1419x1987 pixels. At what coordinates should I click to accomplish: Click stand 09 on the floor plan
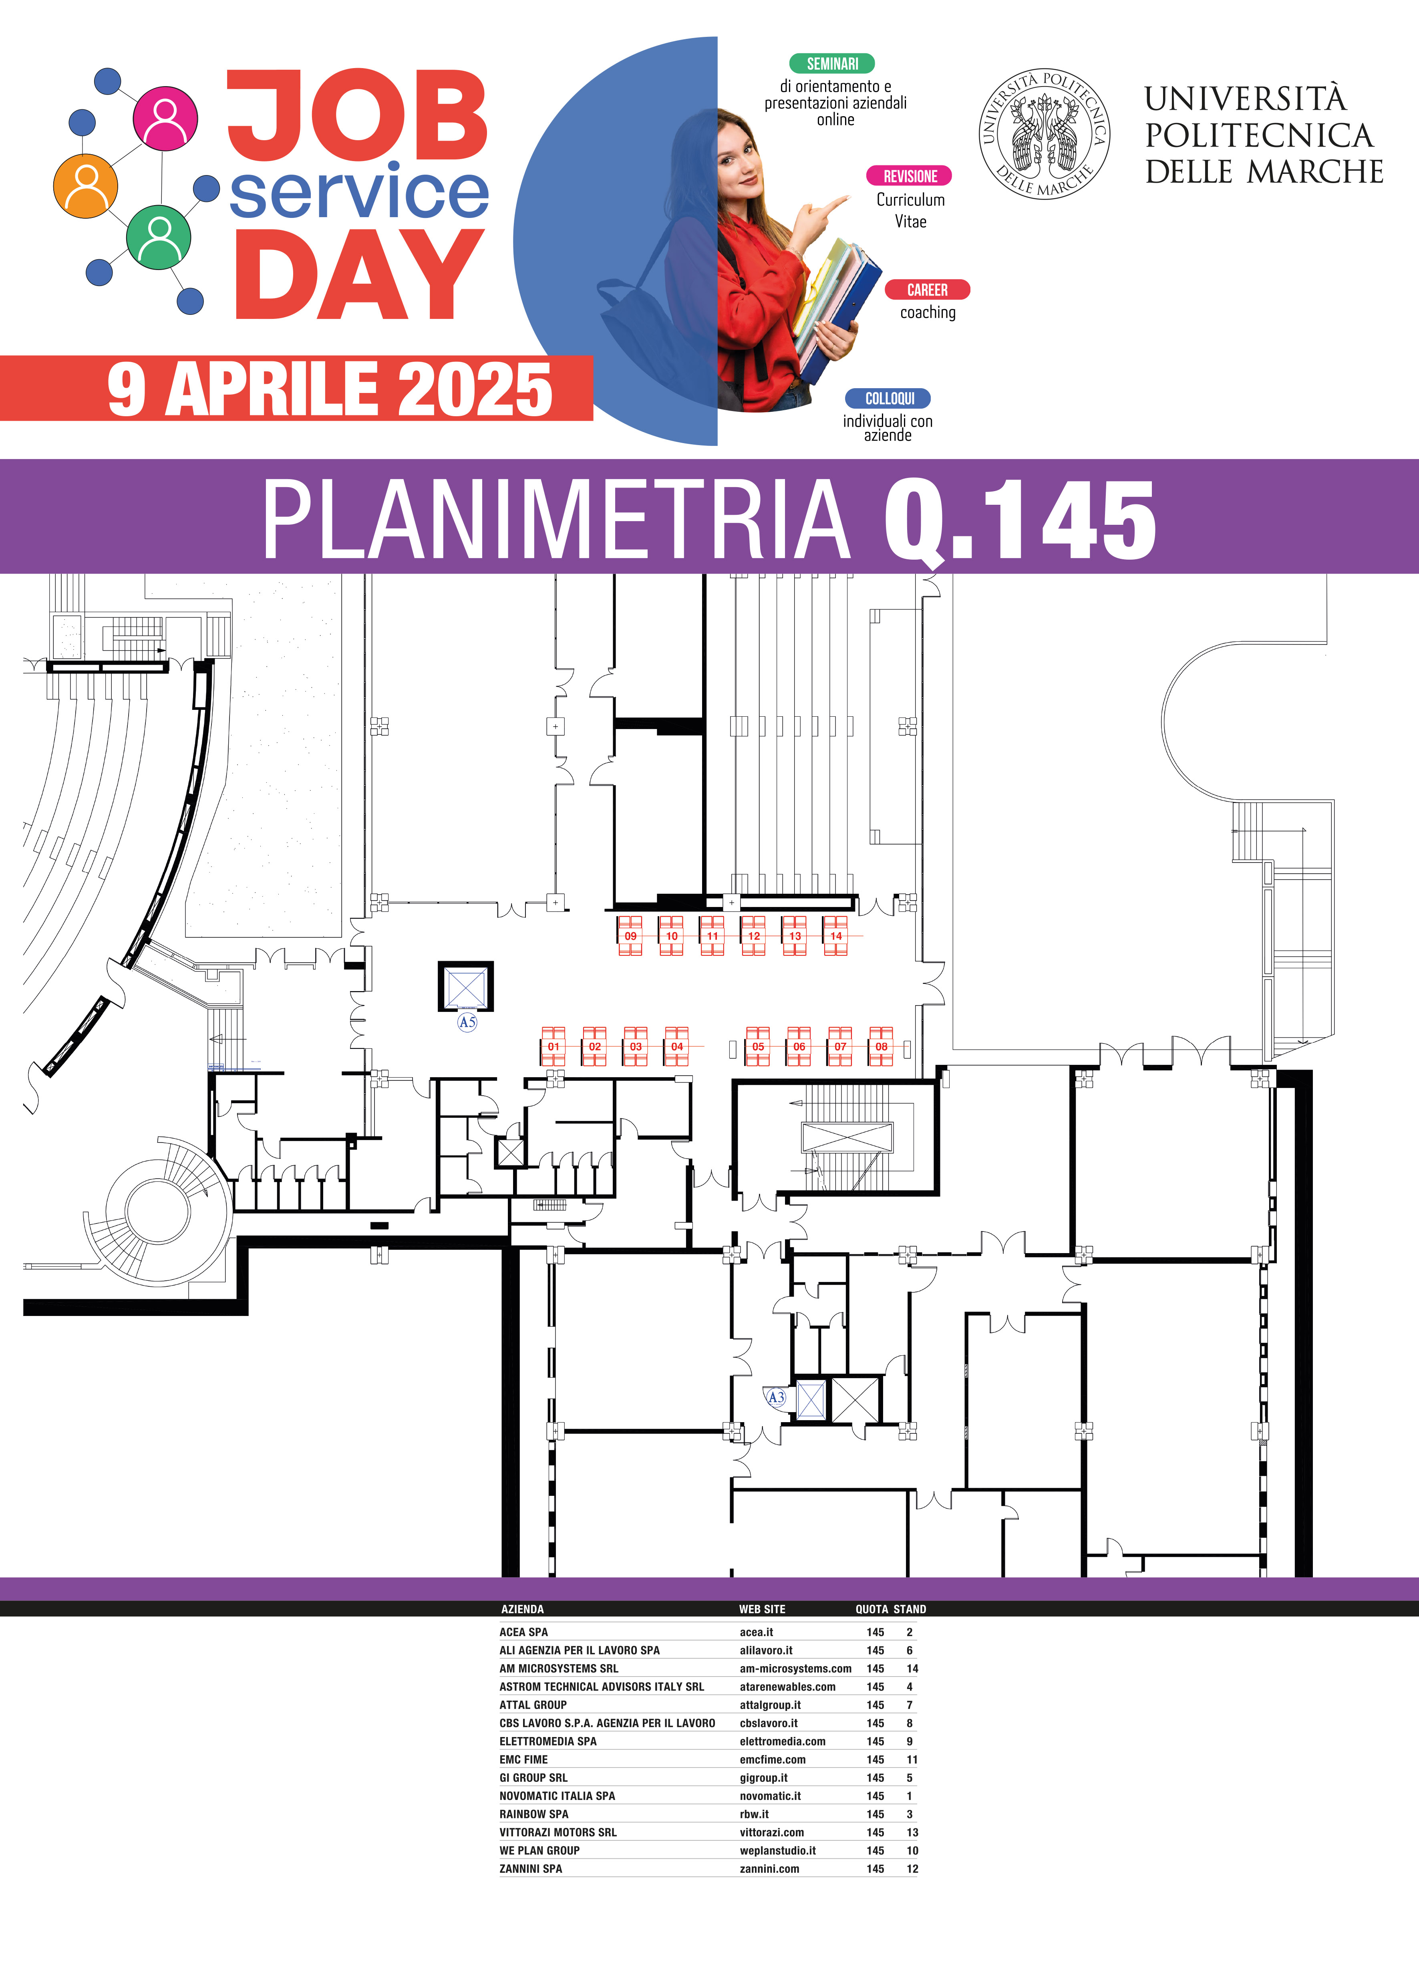[630, 936]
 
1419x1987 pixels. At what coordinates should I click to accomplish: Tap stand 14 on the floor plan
[835, 936]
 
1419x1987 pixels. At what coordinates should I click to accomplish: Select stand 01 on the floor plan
[553, 1046]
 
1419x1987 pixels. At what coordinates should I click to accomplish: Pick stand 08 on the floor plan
[881, 1046]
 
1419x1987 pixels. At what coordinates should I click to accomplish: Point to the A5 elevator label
[467, 1022]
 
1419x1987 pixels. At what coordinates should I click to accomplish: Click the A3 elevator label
[776, 1397]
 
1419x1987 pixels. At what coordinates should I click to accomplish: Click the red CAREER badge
[927, 289]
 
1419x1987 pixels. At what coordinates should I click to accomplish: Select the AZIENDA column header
[523, 1609]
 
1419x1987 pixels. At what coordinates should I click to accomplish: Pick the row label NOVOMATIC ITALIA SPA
[558, 1796]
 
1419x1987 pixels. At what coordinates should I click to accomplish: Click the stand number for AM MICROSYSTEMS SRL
[912, 1668]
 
